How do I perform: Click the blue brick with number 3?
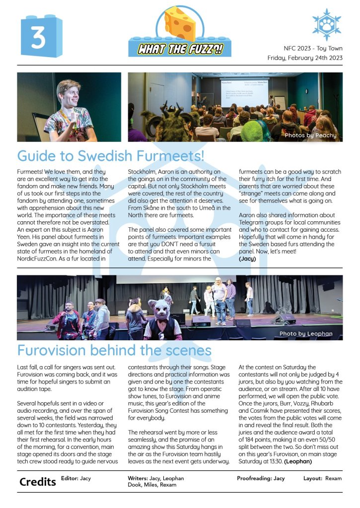coord(41,36)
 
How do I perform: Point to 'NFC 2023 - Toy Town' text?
coord(313,49)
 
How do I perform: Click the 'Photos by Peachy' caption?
coord(310,135)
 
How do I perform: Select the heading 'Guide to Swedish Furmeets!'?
coord(110,156)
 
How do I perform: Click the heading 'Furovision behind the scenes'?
coord(114,350)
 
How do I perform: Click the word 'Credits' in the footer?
coord(37,482)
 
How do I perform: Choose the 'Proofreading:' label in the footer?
coord(254,478)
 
